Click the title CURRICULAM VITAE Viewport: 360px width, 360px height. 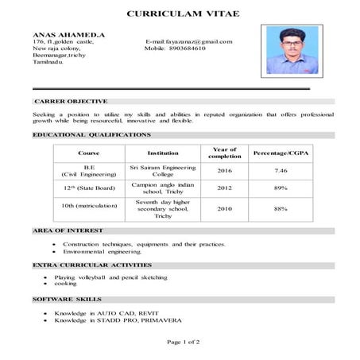coord(182,14)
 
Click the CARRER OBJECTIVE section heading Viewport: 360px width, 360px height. coord(70,102)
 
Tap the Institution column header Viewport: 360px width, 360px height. coord(163,153)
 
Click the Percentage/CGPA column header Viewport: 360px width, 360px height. coord(280,153)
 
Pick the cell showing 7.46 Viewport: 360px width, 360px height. coord(280,171)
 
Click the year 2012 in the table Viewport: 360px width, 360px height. coord(224,188)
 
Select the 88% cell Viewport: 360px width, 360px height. coord(280,208)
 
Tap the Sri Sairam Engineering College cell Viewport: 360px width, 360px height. coord(163,171)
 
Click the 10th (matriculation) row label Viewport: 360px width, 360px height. coord(90,206)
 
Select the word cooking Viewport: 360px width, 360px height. coord(65,284)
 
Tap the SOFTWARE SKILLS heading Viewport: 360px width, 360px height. coord(67,299)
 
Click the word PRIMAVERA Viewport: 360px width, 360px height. coord(161,320)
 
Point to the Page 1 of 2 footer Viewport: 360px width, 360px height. coord(183,342)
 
